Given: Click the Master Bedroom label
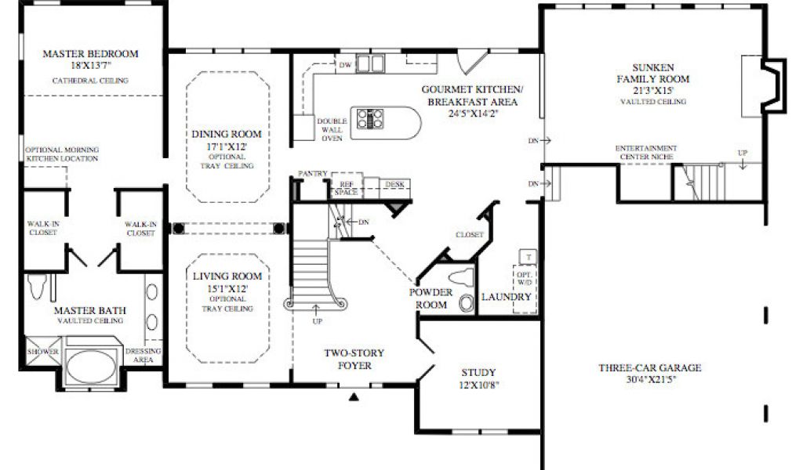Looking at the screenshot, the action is (91, 53).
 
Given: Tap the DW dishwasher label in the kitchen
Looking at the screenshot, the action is (346, 65).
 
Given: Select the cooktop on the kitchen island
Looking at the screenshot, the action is (370, 118).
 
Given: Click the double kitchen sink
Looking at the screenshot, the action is (370, 63).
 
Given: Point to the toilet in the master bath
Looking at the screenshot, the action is (38, 287).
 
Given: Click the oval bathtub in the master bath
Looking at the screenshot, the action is (92, 366).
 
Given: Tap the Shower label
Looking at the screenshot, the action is (43, 352).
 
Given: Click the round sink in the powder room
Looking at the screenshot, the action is (467, 303).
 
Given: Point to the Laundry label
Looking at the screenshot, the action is (507, 297).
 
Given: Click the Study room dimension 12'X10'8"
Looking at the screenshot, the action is (479, 385).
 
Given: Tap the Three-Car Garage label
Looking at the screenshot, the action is (650, 367).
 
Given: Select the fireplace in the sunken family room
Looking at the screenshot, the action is (773, 85).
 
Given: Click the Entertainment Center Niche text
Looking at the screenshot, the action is (646, 153).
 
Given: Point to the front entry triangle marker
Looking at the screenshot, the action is (354, 396).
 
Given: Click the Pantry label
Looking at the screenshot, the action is (312, 174).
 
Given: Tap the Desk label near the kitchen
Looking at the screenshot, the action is (395, 184).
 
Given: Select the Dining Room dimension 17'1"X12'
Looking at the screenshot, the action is (227, 146).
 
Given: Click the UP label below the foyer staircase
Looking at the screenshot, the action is (317, 321).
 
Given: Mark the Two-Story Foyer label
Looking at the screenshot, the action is (354, 359).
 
